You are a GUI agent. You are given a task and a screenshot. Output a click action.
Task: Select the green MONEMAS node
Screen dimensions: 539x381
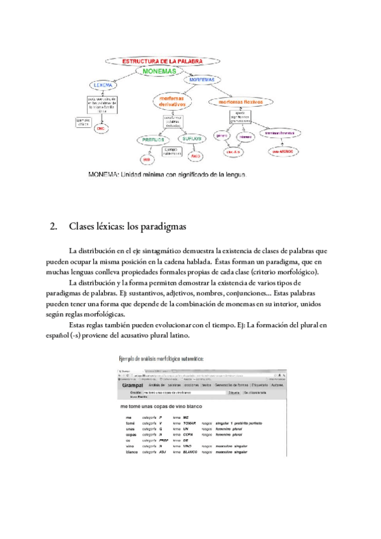(x=159, y=72)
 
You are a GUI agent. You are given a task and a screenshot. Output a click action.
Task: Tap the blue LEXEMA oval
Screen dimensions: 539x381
(x=103, y=85)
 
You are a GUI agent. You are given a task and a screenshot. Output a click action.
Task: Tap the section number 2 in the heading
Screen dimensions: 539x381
(x=53, y=226)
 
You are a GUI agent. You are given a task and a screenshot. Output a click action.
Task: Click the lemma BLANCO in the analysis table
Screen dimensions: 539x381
(x=190, y=453)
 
